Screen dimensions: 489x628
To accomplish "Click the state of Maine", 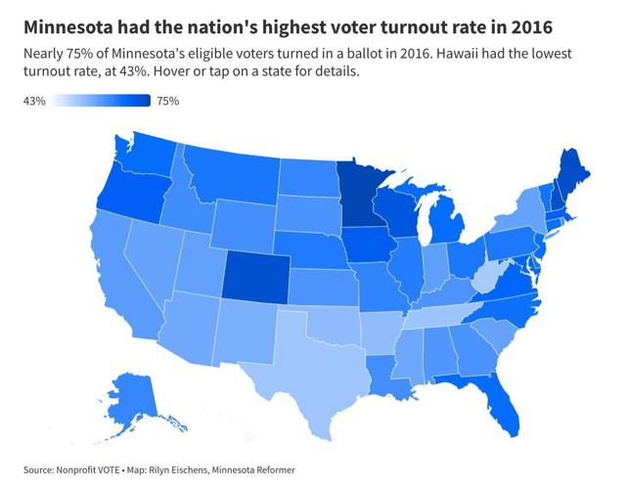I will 571,172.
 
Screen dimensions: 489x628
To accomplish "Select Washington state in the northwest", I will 148,153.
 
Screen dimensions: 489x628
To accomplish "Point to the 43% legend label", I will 35,101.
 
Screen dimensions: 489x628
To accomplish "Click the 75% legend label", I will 167,101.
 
